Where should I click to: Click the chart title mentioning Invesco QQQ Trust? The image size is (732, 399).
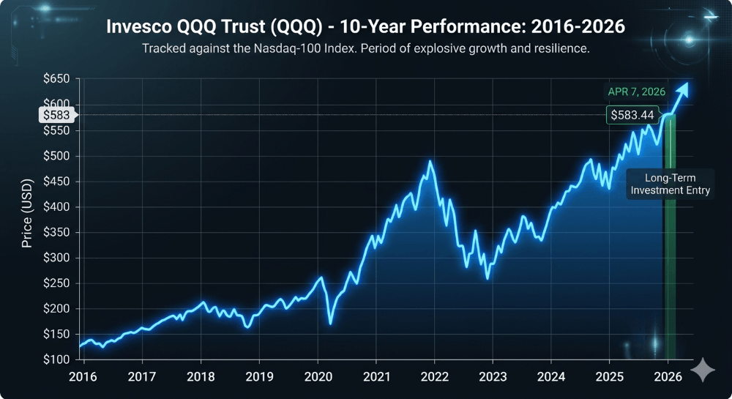click(365, 27)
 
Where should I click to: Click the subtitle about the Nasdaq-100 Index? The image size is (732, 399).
click(365, 49)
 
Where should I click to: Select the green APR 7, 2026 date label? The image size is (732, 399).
click(635, 92)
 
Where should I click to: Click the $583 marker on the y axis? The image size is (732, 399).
click(56, 115)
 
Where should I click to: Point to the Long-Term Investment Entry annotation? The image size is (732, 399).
click(670, 184)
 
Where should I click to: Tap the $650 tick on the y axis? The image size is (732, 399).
click(56, 79)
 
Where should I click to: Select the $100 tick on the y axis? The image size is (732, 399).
click(56, 359)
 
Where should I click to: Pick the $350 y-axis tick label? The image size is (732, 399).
click(56, 232)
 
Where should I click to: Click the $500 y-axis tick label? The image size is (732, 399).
click(56, 156)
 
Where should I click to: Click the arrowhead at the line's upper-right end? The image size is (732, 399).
click(683, 89)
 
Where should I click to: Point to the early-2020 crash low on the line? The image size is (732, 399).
click(330, 323)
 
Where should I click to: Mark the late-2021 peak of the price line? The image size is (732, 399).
click(430, 162)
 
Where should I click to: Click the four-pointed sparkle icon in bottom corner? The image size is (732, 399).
click(703, 370)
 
